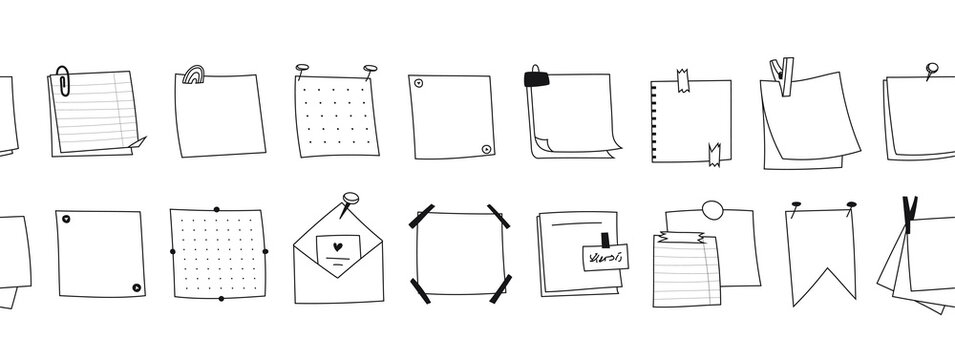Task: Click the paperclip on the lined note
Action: [x=64, y=80]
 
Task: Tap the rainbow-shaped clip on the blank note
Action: [x=193, y=76]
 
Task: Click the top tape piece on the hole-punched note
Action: [x=683, y=81]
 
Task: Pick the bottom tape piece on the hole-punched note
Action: [x=715, y=152]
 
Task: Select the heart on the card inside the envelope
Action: [x=339, y=246]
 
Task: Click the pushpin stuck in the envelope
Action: [x=350, y=201]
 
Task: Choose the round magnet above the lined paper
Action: [x=712, y=210]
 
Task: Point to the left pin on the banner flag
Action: [x=797, y=206]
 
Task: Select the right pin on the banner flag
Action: [x=850, y=206]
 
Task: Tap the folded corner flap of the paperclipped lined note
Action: [x=137, y=146]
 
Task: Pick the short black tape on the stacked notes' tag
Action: [x=604, y=240]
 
